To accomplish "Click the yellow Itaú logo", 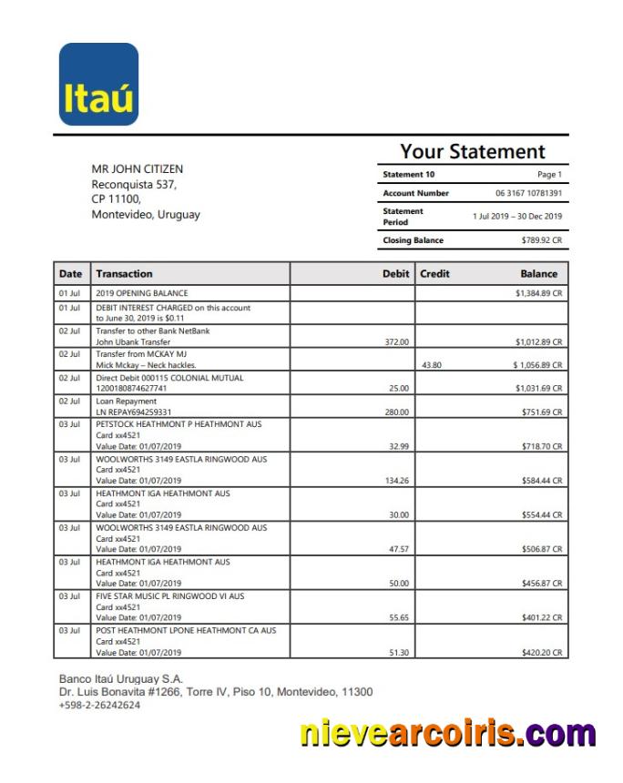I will click(98, 84).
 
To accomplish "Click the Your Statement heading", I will click(472, 152).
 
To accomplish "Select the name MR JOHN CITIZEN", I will click(137, 169).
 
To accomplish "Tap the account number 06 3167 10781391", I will click(528, 194).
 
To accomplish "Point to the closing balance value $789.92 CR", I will click(541, 240).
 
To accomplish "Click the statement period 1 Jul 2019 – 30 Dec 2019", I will click(516, 217).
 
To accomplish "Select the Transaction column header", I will click(124, 273).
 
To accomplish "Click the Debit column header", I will click(395, 273).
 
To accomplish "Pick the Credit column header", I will click(434, 273).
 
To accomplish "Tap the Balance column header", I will click(538, 273).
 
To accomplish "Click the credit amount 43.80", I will click(432, 365).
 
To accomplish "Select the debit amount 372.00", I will click(396, 342).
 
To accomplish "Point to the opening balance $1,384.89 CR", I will click(538, 294).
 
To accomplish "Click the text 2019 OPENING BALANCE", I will click(142, 294).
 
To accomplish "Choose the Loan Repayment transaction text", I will click(127, 401).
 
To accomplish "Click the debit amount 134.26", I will click(396, 481).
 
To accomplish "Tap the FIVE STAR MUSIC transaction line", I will click(169, 596).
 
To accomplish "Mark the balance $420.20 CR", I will click(538, 653).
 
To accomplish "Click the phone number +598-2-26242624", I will click(99, 705).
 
